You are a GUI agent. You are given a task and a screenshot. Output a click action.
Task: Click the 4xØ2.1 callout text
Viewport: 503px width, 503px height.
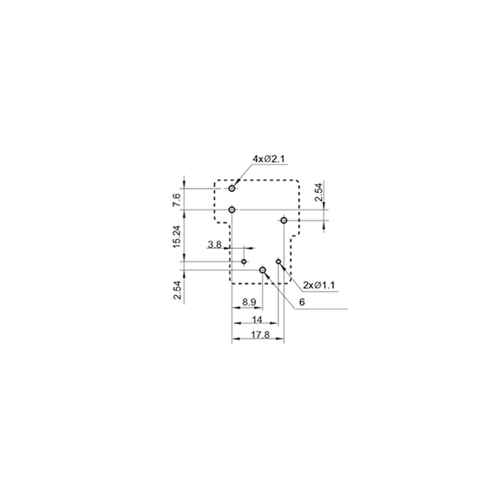(268, 158)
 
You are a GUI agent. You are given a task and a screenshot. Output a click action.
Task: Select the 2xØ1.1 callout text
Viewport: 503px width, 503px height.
(319, 285)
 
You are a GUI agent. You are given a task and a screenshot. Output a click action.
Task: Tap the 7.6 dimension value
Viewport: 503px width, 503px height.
(177, 200)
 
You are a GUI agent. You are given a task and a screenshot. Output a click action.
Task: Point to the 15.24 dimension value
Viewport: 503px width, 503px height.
(177, 236)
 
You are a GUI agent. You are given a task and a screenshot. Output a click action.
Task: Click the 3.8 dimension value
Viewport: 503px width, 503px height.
(215, 245)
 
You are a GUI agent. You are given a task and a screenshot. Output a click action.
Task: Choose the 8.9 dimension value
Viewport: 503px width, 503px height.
(249, 302)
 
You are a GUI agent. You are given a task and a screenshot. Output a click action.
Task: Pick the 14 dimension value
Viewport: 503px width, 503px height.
(257, 319)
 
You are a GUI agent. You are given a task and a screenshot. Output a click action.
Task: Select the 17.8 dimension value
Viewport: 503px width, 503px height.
(260, 334)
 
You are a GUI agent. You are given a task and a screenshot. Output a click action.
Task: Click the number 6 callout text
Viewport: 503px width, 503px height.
(302, 302)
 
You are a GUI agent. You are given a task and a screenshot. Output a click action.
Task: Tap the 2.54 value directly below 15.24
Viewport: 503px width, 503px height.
(178, 290)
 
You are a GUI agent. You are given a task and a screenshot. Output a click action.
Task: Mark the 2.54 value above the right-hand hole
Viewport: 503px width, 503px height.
(319, 192)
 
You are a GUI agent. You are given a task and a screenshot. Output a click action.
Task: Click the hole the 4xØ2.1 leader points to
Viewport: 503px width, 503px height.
(232, 189)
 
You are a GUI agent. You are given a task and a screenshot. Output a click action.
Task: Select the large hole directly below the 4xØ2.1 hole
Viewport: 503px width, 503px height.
(232, 210)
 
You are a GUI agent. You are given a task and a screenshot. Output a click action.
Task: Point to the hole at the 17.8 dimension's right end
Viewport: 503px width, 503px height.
(283, 220)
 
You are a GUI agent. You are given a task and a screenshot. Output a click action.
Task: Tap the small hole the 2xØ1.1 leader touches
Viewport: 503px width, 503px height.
(278, 262)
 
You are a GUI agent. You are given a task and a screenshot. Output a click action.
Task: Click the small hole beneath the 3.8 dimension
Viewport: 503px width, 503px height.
(244, 262)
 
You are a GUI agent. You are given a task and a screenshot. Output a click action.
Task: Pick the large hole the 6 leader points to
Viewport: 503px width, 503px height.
(262, 270)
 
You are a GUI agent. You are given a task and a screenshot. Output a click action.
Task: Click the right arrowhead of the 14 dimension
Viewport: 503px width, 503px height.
(274, 323)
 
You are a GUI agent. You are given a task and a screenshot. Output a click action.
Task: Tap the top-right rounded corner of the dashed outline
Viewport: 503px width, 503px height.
(297, 182)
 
